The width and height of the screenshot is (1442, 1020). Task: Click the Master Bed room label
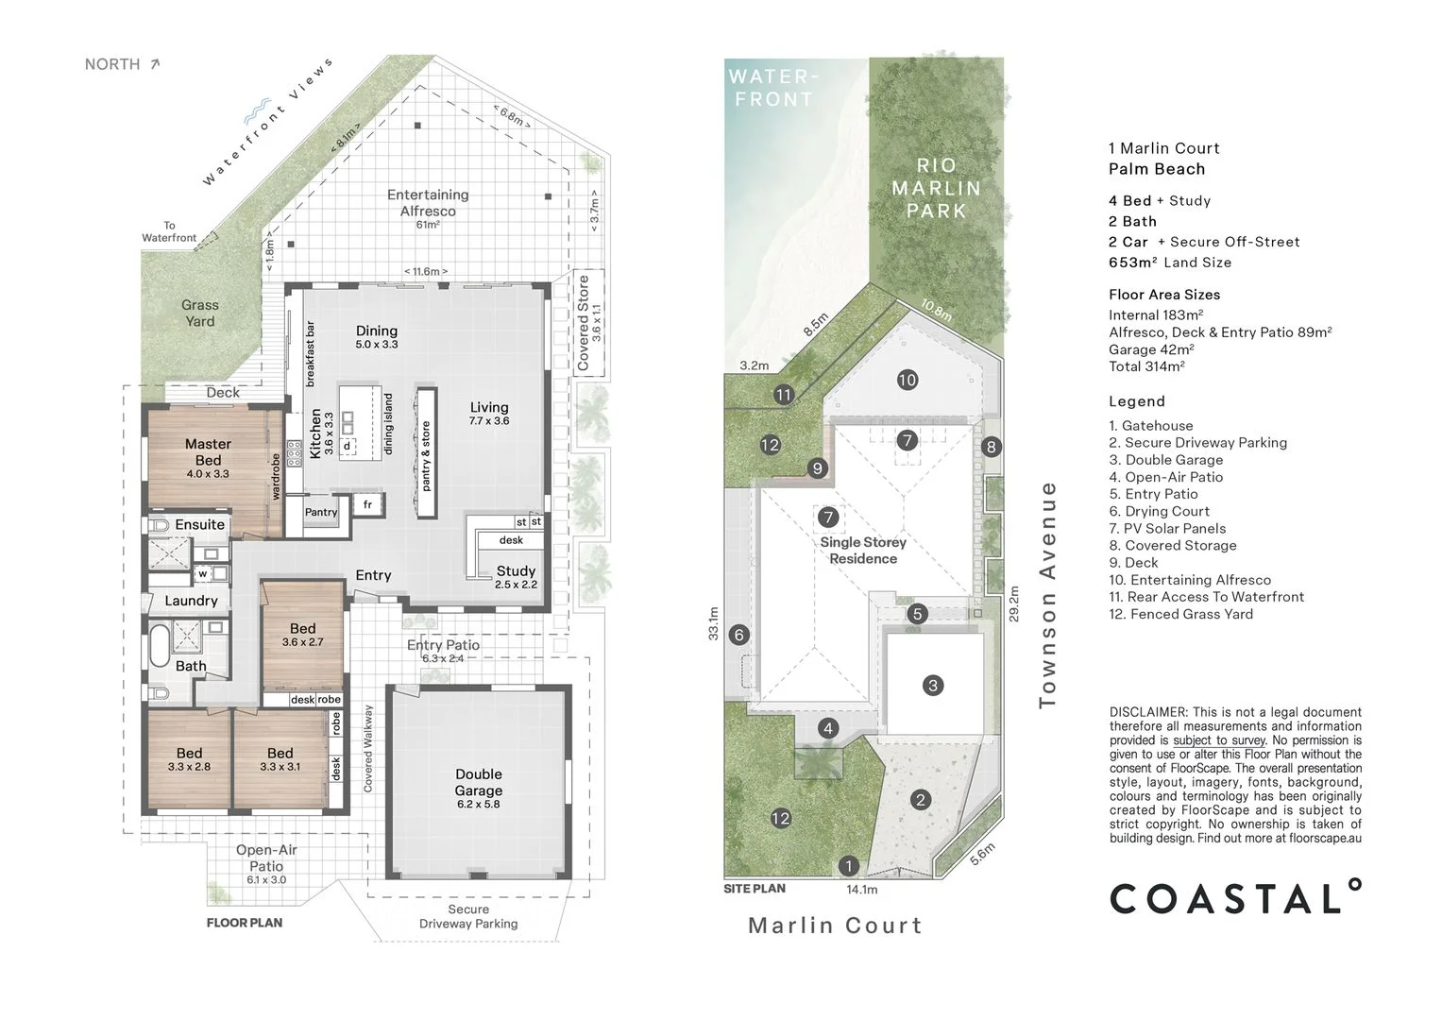[x=208, y=452]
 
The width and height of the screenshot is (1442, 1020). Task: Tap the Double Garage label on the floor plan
[x=478, y=783]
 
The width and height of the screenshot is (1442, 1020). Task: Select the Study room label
[x=516, y=571]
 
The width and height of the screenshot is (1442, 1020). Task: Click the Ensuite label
[x=200, y=524]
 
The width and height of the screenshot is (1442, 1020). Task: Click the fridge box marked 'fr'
[x=367, y=505]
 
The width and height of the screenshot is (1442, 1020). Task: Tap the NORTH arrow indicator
[x=155, y=64]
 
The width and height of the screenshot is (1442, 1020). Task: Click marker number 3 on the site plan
[x=933, y=686]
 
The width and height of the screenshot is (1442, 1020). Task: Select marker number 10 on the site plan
[x=907, y=380]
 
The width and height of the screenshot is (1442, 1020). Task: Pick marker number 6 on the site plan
[x=739, y=635]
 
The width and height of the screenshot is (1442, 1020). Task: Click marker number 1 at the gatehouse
[x=848, y=866]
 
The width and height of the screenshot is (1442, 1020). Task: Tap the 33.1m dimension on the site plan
[x=714, y=623]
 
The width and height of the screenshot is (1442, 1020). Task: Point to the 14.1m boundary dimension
[x=861, y=890]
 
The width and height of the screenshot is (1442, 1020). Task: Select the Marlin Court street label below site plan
[x=835, y=926]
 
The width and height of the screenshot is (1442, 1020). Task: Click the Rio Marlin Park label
[x=936, y=189]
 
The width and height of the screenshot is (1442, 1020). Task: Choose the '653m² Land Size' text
[x=1170, y=263]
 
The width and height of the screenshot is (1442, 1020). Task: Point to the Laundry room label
[x=191, y=601]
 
